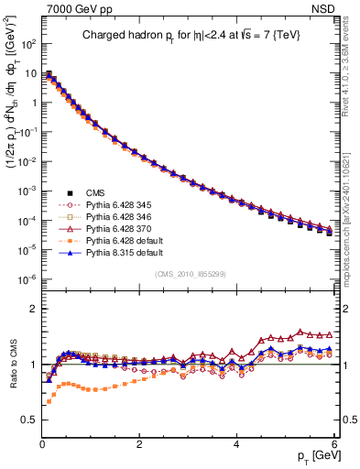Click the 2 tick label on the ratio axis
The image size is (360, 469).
tap(34, 309)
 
